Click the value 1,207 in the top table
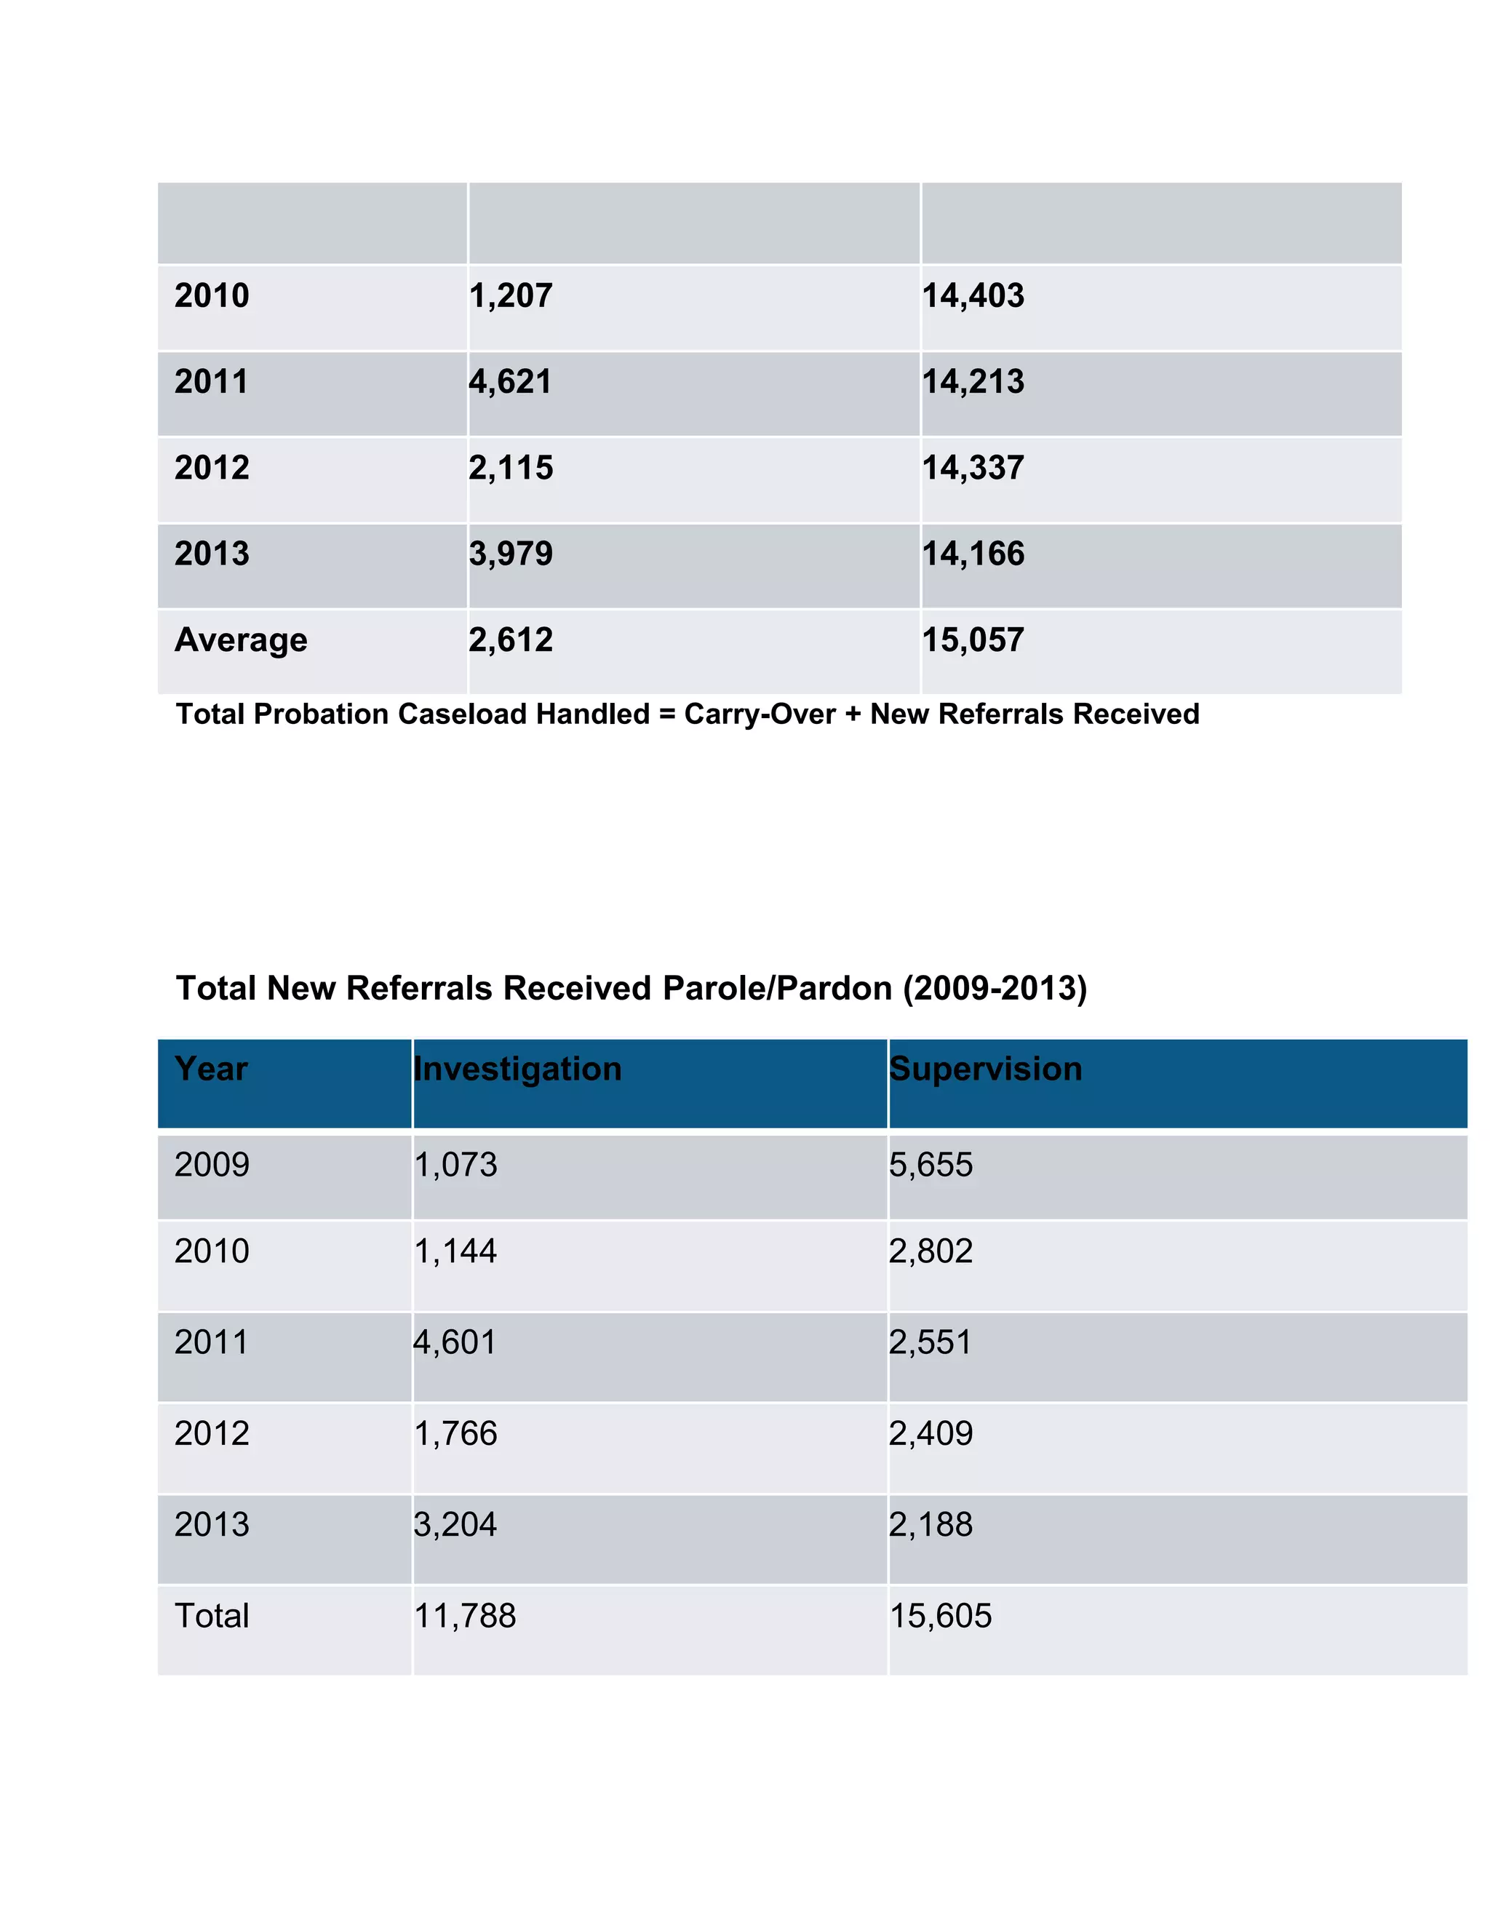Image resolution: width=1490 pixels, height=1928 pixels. click(x=510, y=295)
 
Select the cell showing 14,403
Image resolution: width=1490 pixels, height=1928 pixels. click(x=973, y=295)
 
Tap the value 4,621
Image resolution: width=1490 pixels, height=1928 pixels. click(x=510, y=382)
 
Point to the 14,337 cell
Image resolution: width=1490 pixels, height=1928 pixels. click(x=973, y=468)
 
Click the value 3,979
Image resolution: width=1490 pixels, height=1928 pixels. click(x=510, y=554)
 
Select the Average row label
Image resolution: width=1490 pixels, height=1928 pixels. click(x=241, y=640)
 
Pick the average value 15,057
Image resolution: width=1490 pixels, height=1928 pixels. click(x=973, y=640)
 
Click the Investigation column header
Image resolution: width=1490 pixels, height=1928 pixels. click(x=517, y=1069)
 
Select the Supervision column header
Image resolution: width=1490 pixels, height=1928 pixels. click(x=985, y=1069)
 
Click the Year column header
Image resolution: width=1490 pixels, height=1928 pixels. click(x=211, y=1069)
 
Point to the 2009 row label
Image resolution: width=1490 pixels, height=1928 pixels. click(x=212, y=1166)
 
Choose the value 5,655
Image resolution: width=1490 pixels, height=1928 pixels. click(x=931, y=1166)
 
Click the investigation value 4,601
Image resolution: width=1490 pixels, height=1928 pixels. click(x=455, y=1343)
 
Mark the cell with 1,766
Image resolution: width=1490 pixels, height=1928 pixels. click(x=455, y=1434)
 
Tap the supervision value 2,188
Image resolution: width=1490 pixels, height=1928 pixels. click(x=931, y=1524)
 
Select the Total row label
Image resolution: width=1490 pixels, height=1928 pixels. click(x=212, y=1617)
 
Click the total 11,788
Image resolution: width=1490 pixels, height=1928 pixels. click(x=465, y=1617)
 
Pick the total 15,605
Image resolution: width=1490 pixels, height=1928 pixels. click(x=940, y=1617)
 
